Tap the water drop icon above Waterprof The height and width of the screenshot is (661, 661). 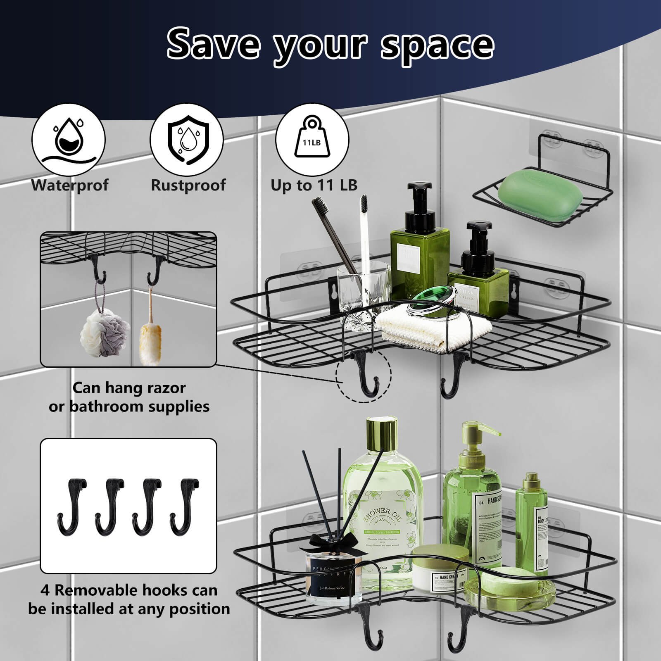point(69,140)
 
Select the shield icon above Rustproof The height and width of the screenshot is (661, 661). point(187,140)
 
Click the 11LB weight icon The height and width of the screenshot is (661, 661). point(312,140)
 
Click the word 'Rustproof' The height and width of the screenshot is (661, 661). point(188,185)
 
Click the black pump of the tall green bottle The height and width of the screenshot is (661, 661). point(419,202)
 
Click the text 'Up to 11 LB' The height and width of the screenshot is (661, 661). point(314,185)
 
